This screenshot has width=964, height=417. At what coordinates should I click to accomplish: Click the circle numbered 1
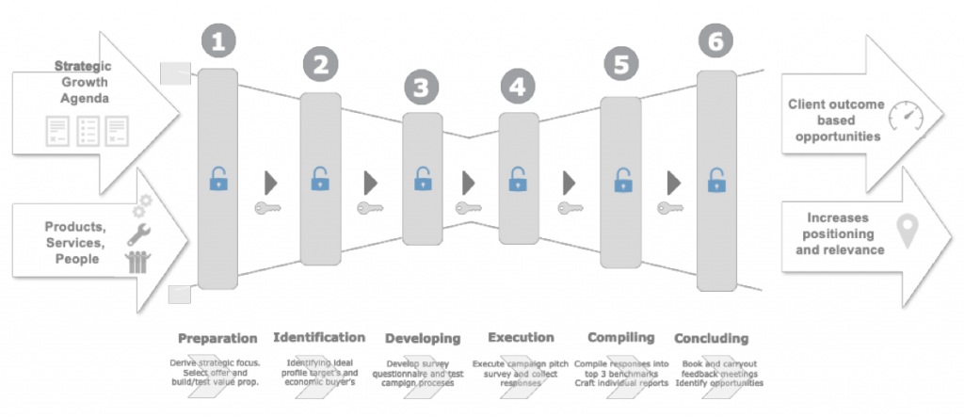(x=217, y=43)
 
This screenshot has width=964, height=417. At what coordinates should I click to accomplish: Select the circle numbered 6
(x=716, y=42)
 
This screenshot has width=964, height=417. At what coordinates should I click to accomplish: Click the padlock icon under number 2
(x=321, y=178)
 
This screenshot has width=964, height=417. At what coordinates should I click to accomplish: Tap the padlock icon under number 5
(x=620, y=180)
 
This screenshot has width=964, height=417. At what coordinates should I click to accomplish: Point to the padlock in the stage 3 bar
(x=423, y=179)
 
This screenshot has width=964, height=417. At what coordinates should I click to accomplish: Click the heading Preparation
(x=217, y=338)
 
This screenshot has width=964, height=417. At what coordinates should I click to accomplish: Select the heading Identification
(x=319, y=337)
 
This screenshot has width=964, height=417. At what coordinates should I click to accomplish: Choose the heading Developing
(x=423, y=338)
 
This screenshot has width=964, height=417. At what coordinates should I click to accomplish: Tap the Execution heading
(x=521, y=337)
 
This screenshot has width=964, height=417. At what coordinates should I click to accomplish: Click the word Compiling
(x=620, y=337)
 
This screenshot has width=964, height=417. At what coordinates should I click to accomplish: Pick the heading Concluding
(x=712, y=338)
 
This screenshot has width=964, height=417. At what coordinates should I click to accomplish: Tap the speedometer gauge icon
(x=907, y=120)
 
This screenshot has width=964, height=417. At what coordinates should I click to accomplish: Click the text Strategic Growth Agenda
(x=83, y=82)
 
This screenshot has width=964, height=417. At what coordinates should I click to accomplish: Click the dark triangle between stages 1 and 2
(x=272, y=180)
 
